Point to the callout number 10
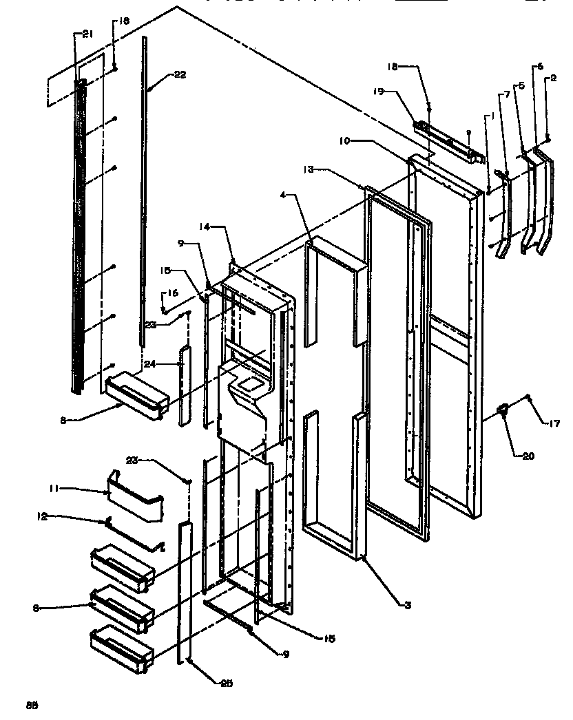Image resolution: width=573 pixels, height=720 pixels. pyautogui.click(x=345, y=140)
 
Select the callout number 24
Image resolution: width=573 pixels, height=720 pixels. pyautogui.click(x=151, y=363)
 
